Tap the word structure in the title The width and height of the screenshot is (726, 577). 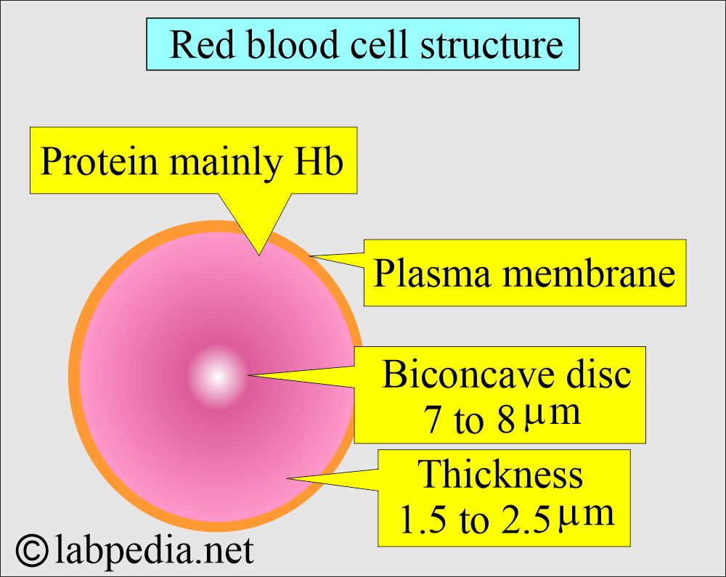tap(492, 45)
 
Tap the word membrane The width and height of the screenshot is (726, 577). tap(589, 273)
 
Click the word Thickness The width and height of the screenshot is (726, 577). tap(500, 473)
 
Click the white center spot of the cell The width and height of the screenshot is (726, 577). tap(217, 377)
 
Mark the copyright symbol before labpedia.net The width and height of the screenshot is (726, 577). tap(32, 550)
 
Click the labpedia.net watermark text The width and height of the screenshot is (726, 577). tap(154, 551)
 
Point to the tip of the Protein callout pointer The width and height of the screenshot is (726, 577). tap(259, 255)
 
